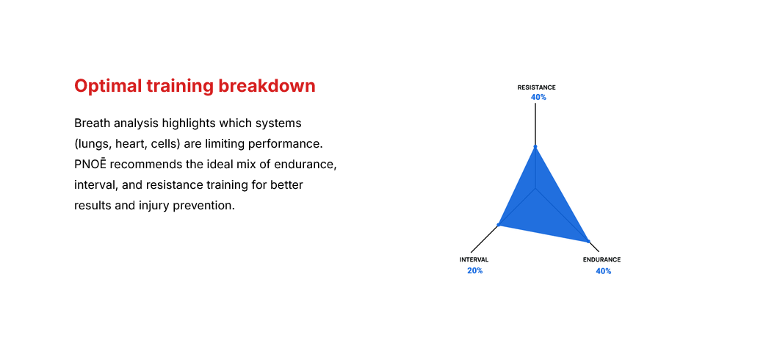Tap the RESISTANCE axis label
click(x=536, y=87)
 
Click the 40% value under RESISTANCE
click(x=538, y=97)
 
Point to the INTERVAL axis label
click(x=474, y=260)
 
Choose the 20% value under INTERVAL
click(x=474, y=271)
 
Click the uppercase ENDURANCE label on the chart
click(x=601, y=260)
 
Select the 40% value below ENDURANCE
click(x=603, y=271)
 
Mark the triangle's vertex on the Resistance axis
click(x=535, y=147)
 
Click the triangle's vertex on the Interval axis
click(x=499, y=224)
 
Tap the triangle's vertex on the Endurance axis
click(x=588, y=240)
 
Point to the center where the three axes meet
click(x=536, y=189)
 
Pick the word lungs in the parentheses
click(x=94, y=143)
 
